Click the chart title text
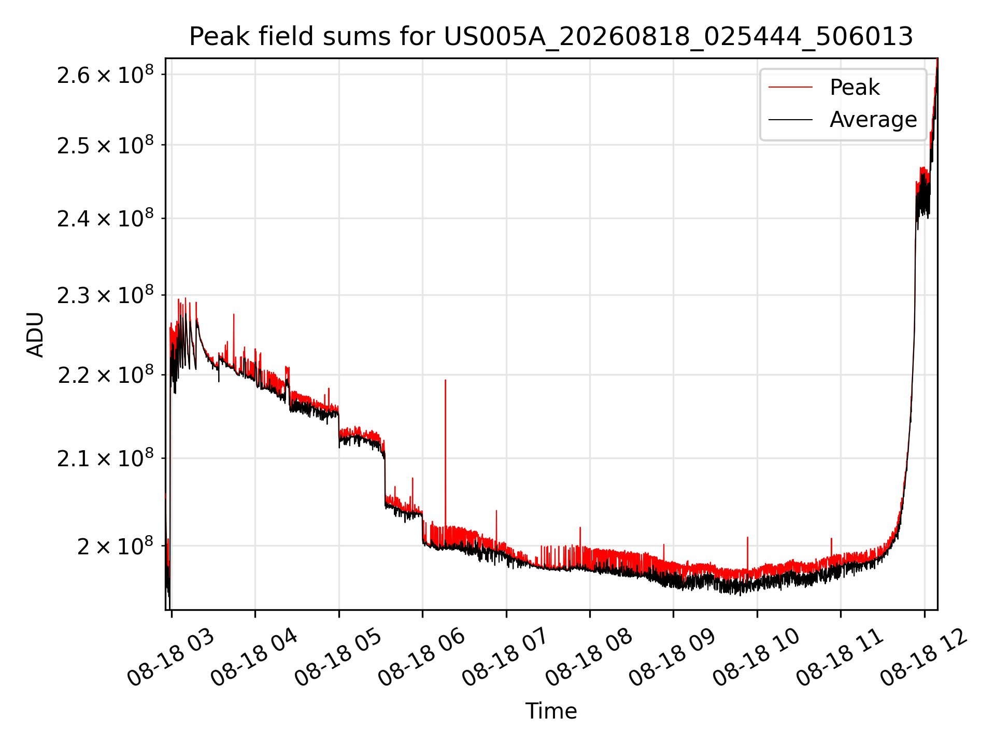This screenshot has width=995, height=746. pyautogui.click(x=551, y=37)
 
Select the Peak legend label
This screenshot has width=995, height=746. pyautogui.click(x=855, y=88)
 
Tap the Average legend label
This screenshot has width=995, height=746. pyautogui.click(x=873, y=120)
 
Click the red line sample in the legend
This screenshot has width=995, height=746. pyautogui.click(x=790, y=88)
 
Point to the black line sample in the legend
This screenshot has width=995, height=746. pyautogui.click(x=790, y=120)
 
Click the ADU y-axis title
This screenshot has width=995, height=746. pyautogui.click(x=35, y=334)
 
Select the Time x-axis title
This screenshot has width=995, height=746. pyautogui.click(x=551, y=711)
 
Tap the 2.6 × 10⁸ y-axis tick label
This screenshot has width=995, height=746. pyautogui.click(x=106, y=74)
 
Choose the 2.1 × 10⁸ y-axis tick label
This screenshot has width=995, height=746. pyautogui.click(x=106, y=458)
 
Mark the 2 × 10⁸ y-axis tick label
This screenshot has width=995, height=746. pyautogui.click(x=116, y=546)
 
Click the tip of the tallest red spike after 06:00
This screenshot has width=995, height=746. pyautogui.click(x=445, y=380)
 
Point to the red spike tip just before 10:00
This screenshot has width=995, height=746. pyautogui.click(x=747, y=537)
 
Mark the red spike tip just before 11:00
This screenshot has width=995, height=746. pyautogui.click(x=831, y=538)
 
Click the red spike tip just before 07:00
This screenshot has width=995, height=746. pyautogui.click(x=496, y=510)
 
